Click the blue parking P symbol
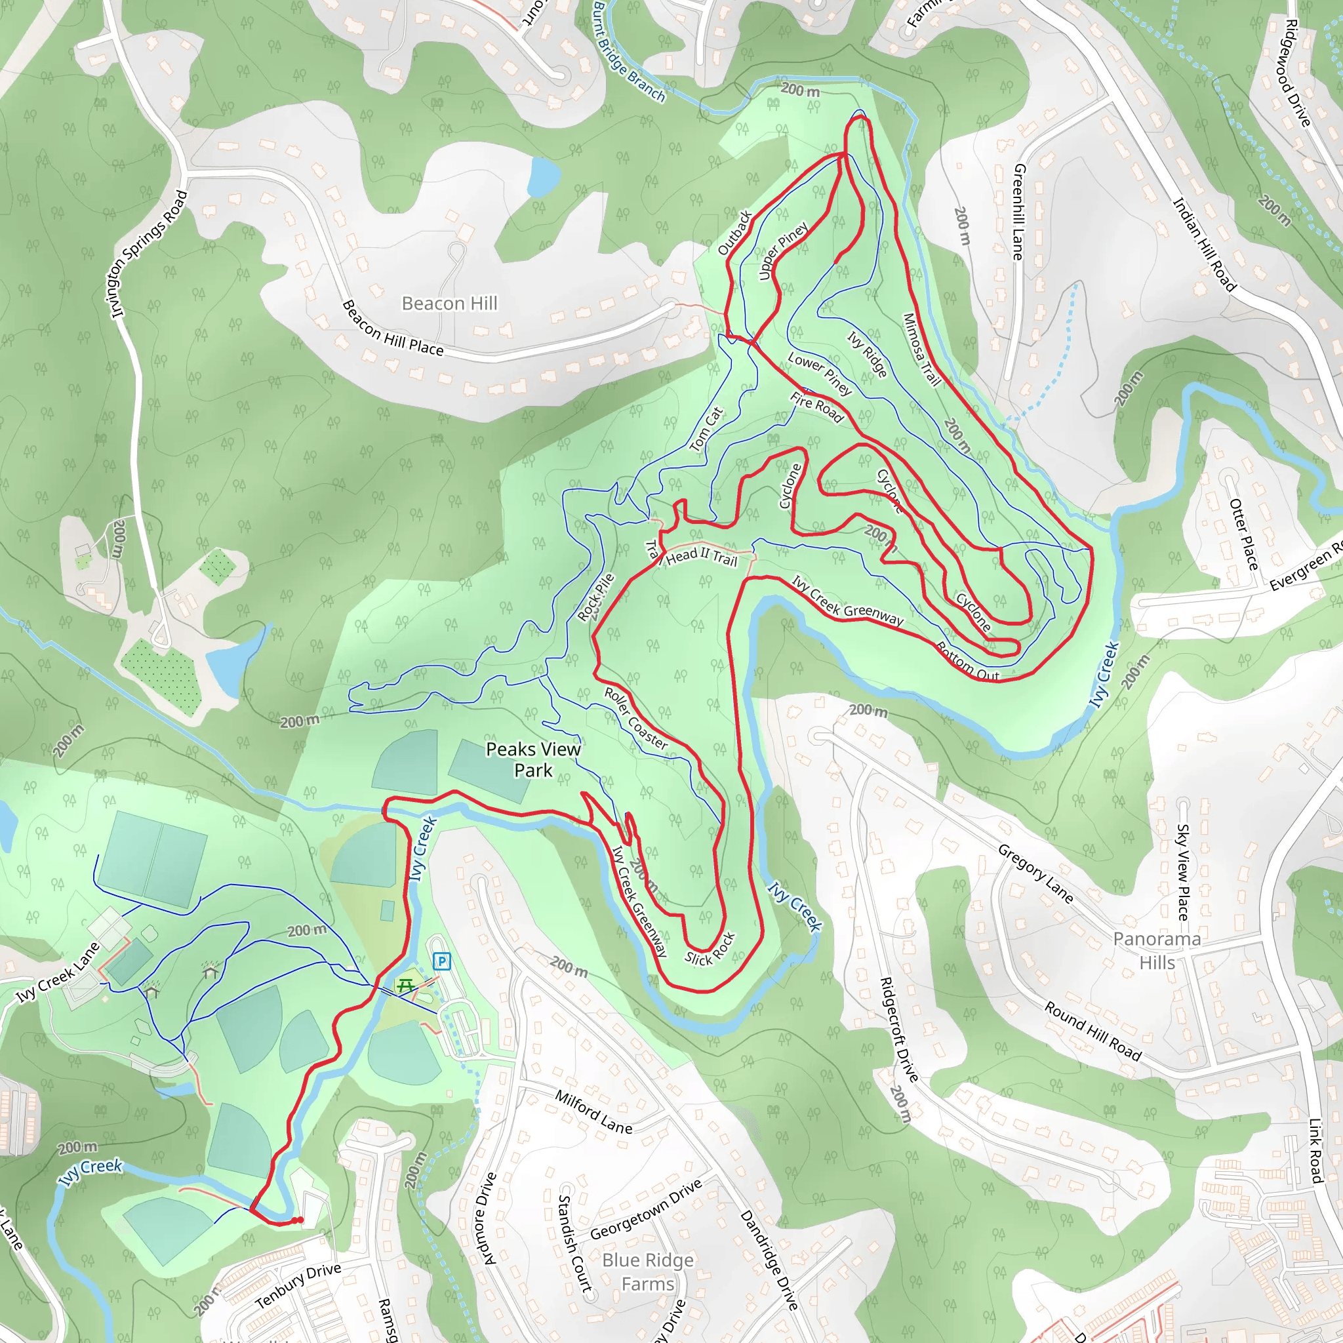[441, 962]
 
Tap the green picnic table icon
[405, 985]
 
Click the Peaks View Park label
[533, 759]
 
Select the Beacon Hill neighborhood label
[450, 303]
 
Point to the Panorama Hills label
[1157, 950]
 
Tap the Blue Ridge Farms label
[648, 1272]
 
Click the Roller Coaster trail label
[636, 719]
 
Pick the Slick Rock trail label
[710, 949]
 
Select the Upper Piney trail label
[784, 251]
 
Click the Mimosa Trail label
[922, 350]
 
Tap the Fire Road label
[817, 407]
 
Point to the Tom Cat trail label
[707, 429]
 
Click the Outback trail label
[734, 233]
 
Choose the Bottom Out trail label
[968, 662]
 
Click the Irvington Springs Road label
[150, 254]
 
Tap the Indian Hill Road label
[1205, 245]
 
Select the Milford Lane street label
[593, 1112]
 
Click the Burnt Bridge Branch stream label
[629, 50]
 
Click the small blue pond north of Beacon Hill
[543, 176]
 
